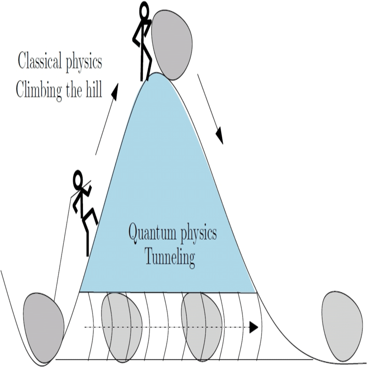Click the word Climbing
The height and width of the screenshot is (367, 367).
[40, 89]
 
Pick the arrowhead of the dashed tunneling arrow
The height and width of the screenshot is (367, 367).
[253, 328]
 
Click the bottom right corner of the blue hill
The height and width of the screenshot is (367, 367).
[256, 292]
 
